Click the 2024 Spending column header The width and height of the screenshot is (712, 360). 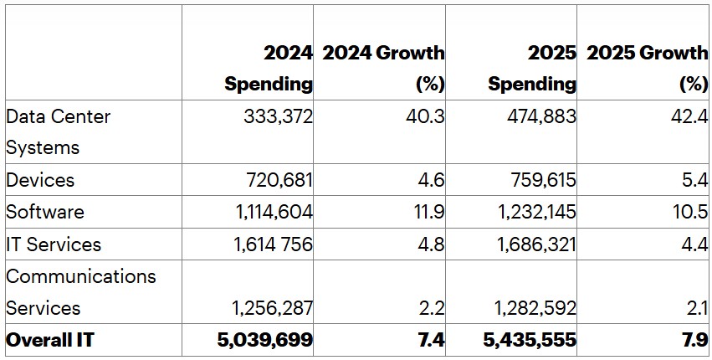point(268,69)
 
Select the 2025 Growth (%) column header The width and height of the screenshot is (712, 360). point(647,69)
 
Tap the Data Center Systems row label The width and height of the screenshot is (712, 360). point(58,132)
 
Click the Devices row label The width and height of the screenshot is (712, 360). point(40,180)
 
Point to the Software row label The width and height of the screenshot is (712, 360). point(45,212)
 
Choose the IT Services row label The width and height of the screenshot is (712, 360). point(54,244)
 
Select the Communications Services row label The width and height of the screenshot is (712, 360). point(81,291)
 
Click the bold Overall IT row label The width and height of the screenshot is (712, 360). point(50,340)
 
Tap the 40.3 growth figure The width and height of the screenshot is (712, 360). point(427,117)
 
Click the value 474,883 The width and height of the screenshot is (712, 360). point(541,117)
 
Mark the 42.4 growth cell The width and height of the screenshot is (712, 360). point(690,117)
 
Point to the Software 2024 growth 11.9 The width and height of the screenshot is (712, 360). point(428,212)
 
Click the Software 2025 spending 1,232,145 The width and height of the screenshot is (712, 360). point(537,212)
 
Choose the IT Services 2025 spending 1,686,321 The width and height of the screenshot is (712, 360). point(537,244)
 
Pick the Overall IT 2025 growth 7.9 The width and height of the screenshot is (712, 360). point(694,340)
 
